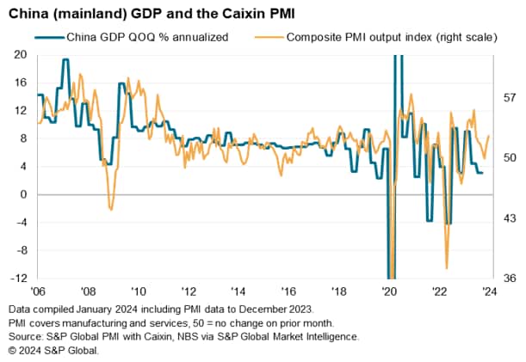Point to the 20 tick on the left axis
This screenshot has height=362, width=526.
pyautogui.click(x=21, y=54)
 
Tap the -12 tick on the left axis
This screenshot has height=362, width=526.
pyautogui.click(x=18, y=279)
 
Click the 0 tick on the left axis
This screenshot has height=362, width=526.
pyautogui.click(x=24, y=194)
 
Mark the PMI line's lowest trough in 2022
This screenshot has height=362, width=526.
pyautogui.click(x=447, y=268)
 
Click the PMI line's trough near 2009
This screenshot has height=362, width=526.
pyautogui.click(x=110, y=209)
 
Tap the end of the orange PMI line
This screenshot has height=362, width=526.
pyautogui.click(x=489, y=136)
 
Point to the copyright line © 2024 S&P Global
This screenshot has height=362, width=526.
pyautogui.click(x=53, y=350)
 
